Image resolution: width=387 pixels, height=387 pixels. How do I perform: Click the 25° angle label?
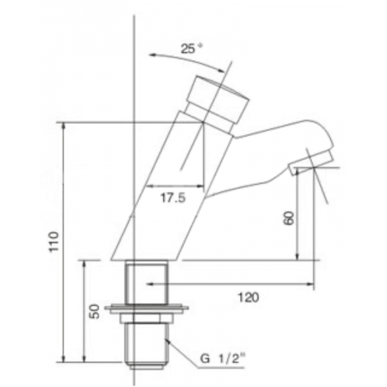(190, 48)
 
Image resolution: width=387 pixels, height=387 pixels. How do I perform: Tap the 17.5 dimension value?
(173, 199)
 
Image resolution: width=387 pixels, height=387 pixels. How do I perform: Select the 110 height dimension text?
(55, 242)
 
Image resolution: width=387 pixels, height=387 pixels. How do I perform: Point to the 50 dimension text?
(95, 312)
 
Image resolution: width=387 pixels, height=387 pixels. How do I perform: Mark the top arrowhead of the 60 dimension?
(297, 176)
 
